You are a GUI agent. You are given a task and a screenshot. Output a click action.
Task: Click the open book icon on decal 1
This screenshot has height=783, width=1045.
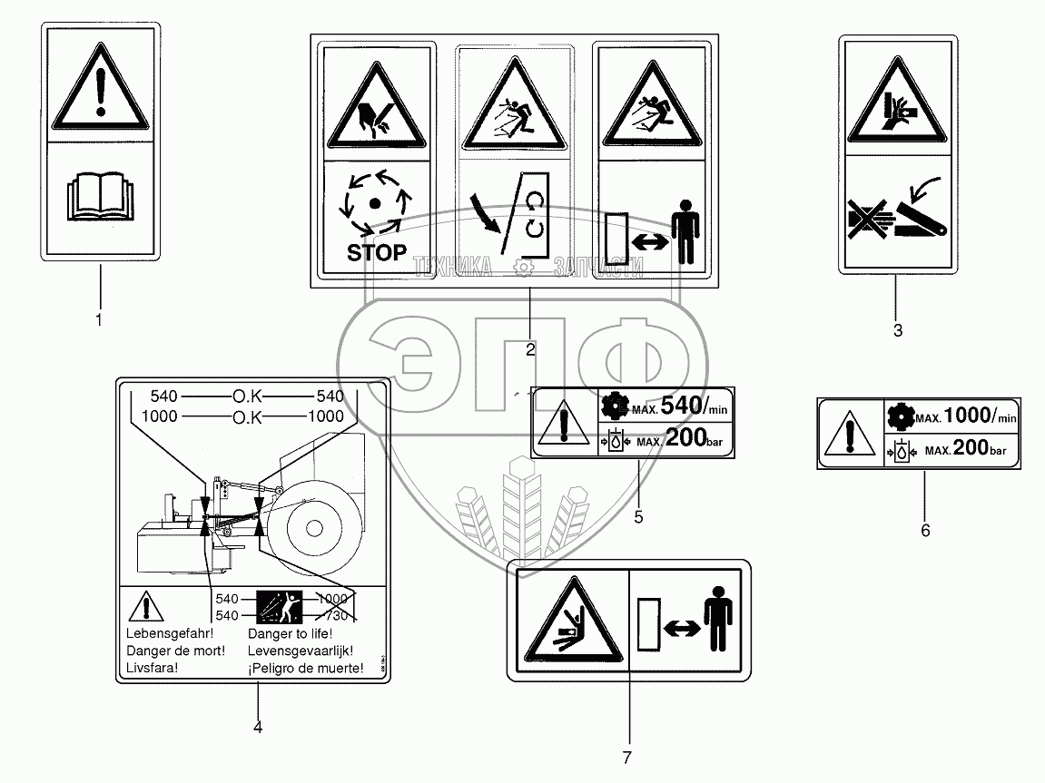click(100, 196)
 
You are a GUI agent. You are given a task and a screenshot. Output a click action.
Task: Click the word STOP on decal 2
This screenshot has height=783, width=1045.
click(377, 253)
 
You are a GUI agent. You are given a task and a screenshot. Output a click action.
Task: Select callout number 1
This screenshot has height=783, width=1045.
click(99, 319)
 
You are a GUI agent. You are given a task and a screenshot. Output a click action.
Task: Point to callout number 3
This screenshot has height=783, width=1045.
click(898, 331)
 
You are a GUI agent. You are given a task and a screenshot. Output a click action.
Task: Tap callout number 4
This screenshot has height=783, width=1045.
click(258, 727)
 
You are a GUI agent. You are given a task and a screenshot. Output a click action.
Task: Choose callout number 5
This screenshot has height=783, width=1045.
click(638, 516)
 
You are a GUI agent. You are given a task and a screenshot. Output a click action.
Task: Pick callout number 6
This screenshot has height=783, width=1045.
click(925, 530)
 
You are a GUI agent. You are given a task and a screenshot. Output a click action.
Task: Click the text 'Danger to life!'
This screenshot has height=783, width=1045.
click(290, 634)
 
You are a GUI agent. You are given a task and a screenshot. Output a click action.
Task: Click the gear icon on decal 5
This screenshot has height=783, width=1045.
click(613, 406)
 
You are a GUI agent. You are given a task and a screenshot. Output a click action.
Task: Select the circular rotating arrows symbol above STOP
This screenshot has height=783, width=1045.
click(375, 200)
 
